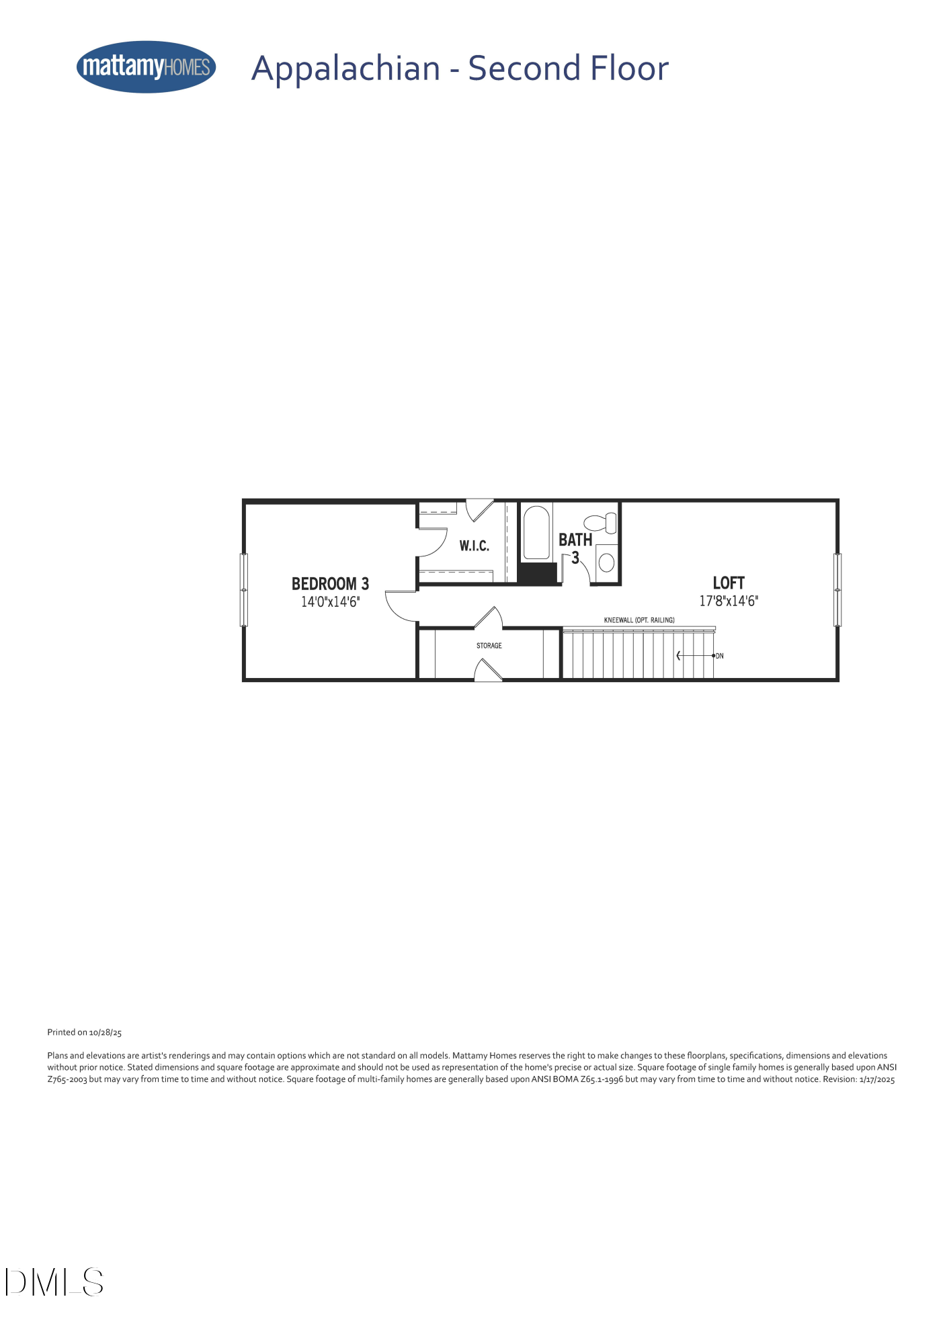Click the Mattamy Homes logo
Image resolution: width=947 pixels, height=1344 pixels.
pos(146,67)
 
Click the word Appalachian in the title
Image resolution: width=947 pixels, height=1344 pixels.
pos(345,69)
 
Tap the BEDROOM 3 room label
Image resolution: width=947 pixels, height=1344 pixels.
pos(330,583)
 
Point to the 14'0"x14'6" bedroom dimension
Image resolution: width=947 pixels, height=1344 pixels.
pos(330,601)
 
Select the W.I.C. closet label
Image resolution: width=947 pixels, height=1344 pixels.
pos(474,546)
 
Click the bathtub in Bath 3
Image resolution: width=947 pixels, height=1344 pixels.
pos(536,532)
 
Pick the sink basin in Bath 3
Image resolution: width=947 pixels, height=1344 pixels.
pos(606,562)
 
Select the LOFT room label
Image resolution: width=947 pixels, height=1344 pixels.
pos(729,583)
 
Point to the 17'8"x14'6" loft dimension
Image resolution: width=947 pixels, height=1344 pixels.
pos(729,601)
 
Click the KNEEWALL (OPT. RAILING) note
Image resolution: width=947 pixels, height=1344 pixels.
pos(639,620)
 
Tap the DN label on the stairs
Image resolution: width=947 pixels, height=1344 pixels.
pos(720,656)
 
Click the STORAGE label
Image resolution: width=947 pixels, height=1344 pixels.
pos(489,646)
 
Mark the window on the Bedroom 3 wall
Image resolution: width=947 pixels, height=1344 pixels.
pos(244,590)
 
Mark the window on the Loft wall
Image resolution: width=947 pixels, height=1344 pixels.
pos(837,590)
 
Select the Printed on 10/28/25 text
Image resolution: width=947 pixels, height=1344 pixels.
pos(85,1032)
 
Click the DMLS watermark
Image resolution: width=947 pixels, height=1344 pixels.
pos(54,1282)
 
